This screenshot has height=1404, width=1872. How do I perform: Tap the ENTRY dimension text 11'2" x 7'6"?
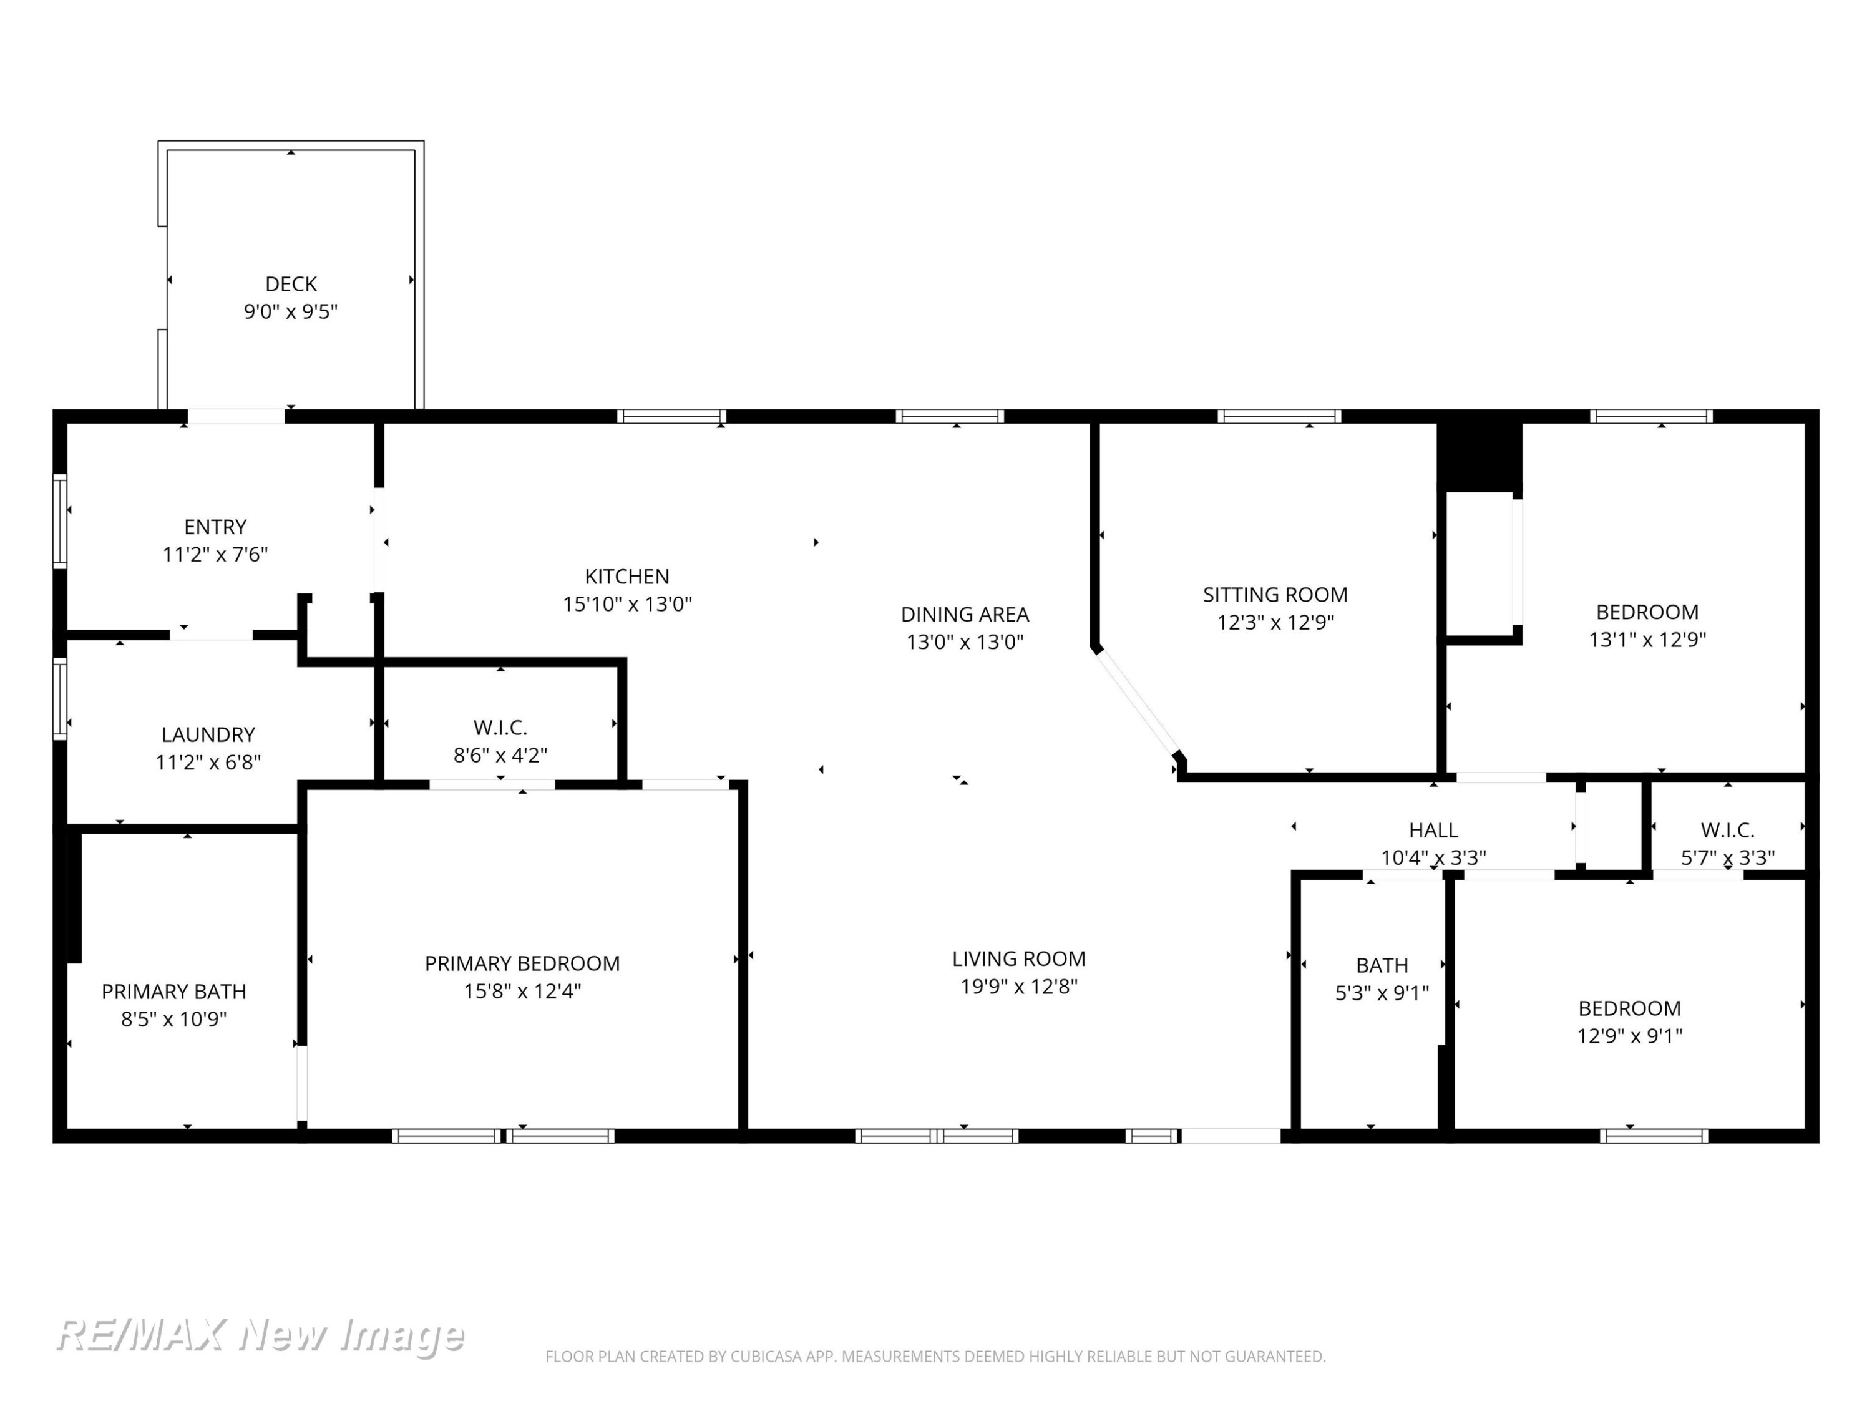215,554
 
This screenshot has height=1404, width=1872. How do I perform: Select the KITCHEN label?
627,577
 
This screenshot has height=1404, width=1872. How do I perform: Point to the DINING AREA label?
965,615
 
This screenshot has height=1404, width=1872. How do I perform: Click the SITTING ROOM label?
1275,595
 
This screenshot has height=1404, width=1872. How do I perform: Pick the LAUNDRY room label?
208,734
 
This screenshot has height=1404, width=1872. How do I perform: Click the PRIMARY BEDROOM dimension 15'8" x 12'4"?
522,991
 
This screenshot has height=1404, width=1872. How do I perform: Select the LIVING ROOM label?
1019,959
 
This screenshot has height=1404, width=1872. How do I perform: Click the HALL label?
1433,830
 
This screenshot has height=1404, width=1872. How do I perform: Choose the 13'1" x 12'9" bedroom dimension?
1647,640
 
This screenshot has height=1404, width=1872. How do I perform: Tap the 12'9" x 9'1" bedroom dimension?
1629,1036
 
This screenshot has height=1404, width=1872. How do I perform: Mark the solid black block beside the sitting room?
1480,456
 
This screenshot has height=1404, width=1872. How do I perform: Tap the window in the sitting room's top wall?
1279,416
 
